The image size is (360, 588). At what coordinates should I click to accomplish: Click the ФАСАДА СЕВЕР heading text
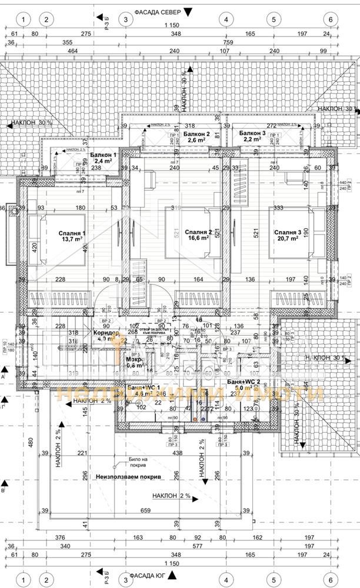point(152,11)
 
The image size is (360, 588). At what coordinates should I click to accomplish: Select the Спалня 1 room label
point(66,233)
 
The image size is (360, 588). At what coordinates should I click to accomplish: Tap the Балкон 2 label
point(192,134)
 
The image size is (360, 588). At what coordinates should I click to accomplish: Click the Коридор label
point(105,333)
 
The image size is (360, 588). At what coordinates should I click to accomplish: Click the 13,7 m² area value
point(68,240)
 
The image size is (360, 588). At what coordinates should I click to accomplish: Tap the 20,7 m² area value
point(288,240)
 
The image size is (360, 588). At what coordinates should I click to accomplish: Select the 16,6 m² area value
point(198,238)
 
